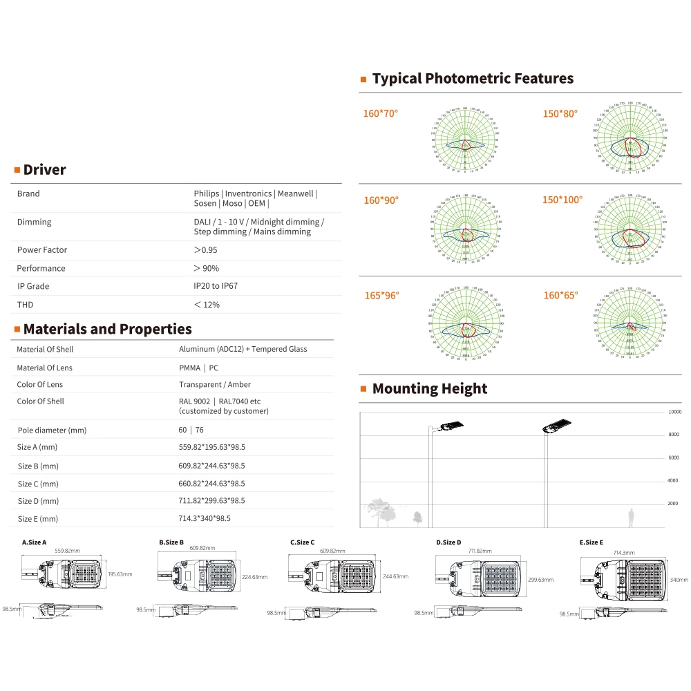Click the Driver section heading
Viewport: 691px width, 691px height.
coord(44,170)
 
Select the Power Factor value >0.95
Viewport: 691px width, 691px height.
coord(206,250)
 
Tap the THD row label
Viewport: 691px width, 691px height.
coord(25,305)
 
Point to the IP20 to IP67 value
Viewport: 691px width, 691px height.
coord(216,286)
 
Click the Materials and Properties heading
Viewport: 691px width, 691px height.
coord(107,329)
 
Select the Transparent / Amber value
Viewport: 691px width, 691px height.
coord(215,385)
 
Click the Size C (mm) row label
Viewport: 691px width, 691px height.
coord(38,484)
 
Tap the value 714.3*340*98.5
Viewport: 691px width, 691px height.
coord(205,518)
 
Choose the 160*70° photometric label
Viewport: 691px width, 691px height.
coord(381,113)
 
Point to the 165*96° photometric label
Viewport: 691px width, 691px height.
coord(382,296)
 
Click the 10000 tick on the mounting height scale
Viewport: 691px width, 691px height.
coord(674,412)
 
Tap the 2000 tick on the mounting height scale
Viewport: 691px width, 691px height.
coord(672,504)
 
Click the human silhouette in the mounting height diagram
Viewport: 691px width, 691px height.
coord(630,517)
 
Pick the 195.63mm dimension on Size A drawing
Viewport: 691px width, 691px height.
coord(120,574)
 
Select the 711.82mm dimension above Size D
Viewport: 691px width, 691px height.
coord(479,551)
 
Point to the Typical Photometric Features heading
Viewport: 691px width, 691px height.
coord(473,79)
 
